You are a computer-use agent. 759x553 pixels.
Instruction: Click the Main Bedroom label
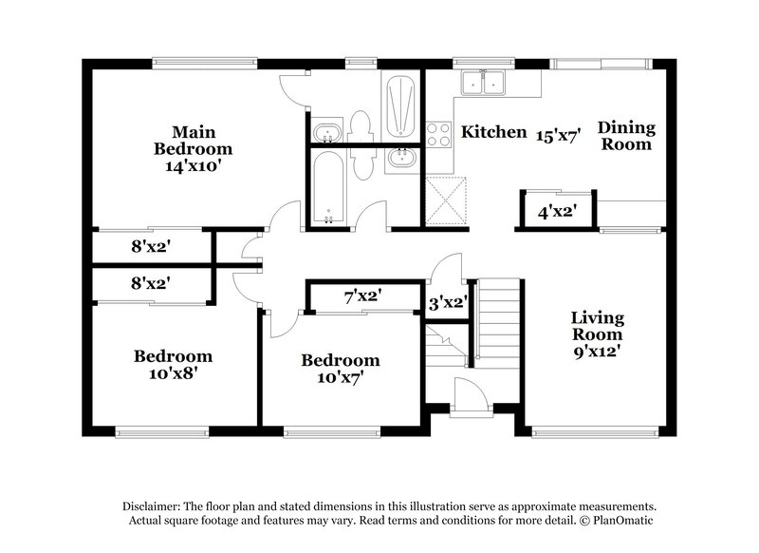pyautogui.click(x=194, y=140)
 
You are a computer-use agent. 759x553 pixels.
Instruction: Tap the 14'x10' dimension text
pyautogui.click(x=194, y=165)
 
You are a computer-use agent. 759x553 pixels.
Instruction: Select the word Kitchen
pyautogui.click(x=493, y=132)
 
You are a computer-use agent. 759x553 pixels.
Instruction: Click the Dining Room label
pyautogui.click(x=626, y=136)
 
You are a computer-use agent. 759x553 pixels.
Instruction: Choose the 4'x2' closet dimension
pyautogui.click(x=558, y=212)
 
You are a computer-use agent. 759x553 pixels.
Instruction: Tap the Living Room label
pyautogui.click(x=597, y=326)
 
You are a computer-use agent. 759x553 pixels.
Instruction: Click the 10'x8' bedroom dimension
pyautogui.click(x=173, y=373)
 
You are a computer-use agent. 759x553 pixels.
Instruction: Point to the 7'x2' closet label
pyautogui.click(x=361, y=296)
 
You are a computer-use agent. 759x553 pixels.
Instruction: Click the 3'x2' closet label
pyautogui.click(x=445, y=304)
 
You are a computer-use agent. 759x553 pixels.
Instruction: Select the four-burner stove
pyautogui.click(x=438, y=135)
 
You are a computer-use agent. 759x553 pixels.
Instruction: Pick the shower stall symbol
pyautogui.click(x=399, y=104)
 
